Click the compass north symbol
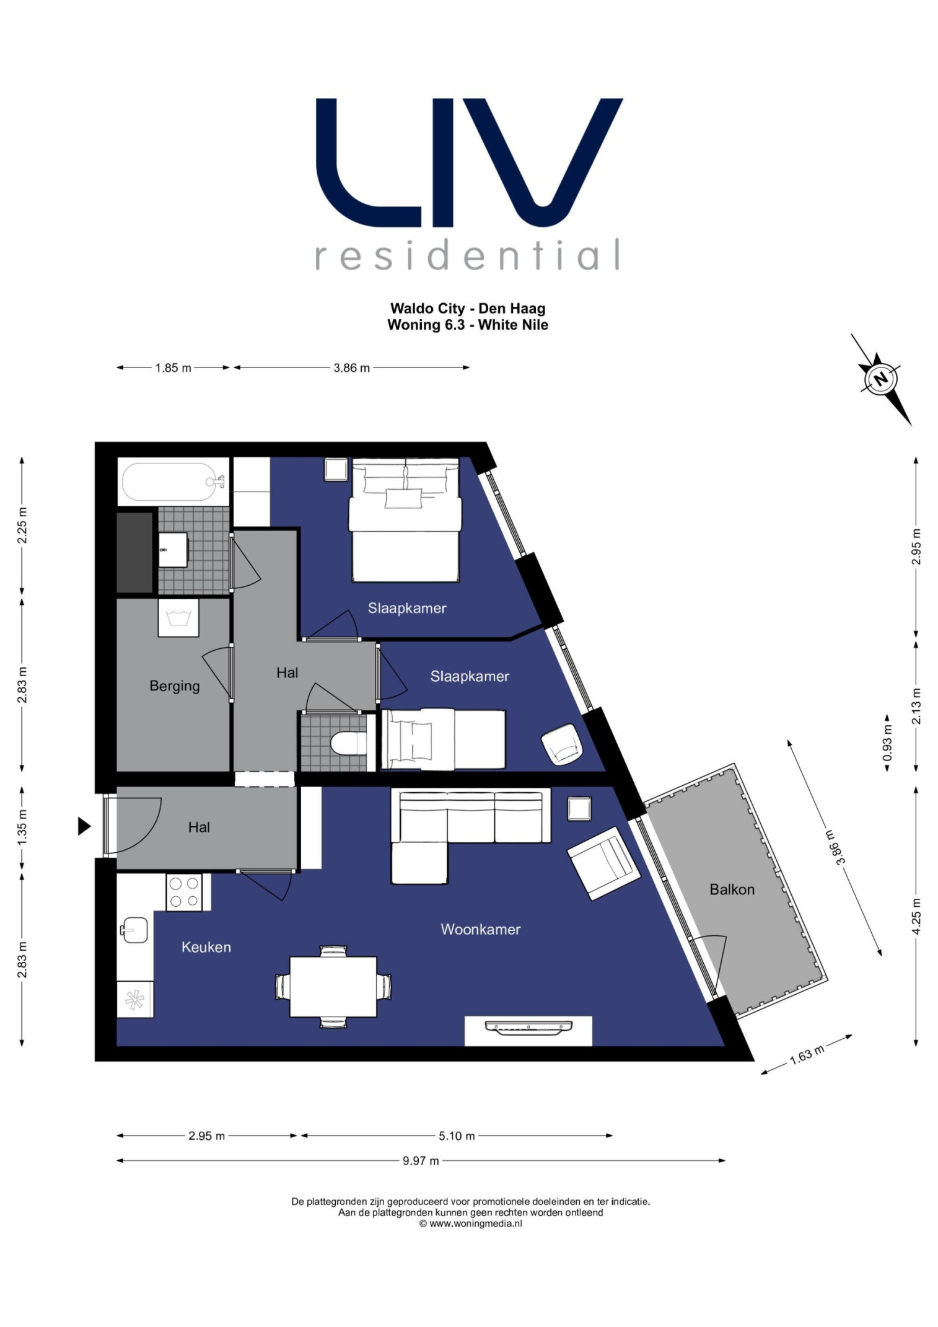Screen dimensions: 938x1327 (x=880, y=377)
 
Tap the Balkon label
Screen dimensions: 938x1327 (x=732, y=889)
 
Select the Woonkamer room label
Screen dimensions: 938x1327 (x=480, y=929)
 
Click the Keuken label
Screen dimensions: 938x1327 (x=206, y=947)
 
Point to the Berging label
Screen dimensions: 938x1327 (x=175, y=686)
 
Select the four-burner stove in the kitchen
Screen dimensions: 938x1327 (x=184, y=893)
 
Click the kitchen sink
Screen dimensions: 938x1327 (x=134, y=930)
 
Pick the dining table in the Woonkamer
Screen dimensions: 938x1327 (x=333, y=987)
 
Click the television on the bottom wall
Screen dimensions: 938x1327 (x=528, y=1028)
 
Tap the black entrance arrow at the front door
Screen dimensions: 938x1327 (x=84, y=826)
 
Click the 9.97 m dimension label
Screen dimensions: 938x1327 (x=421, y=1161)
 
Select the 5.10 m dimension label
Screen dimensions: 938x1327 (x=457, y=1136)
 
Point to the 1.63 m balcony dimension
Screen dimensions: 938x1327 (x=807, y=1054)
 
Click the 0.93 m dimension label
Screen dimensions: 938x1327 (x=887, y=743)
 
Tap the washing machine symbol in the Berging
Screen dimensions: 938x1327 (x=178, y=618)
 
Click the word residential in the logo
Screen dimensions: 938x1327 (x=468, y=255)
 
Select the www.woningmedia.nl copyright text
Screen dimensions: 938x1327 (x=470, y=1223)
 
